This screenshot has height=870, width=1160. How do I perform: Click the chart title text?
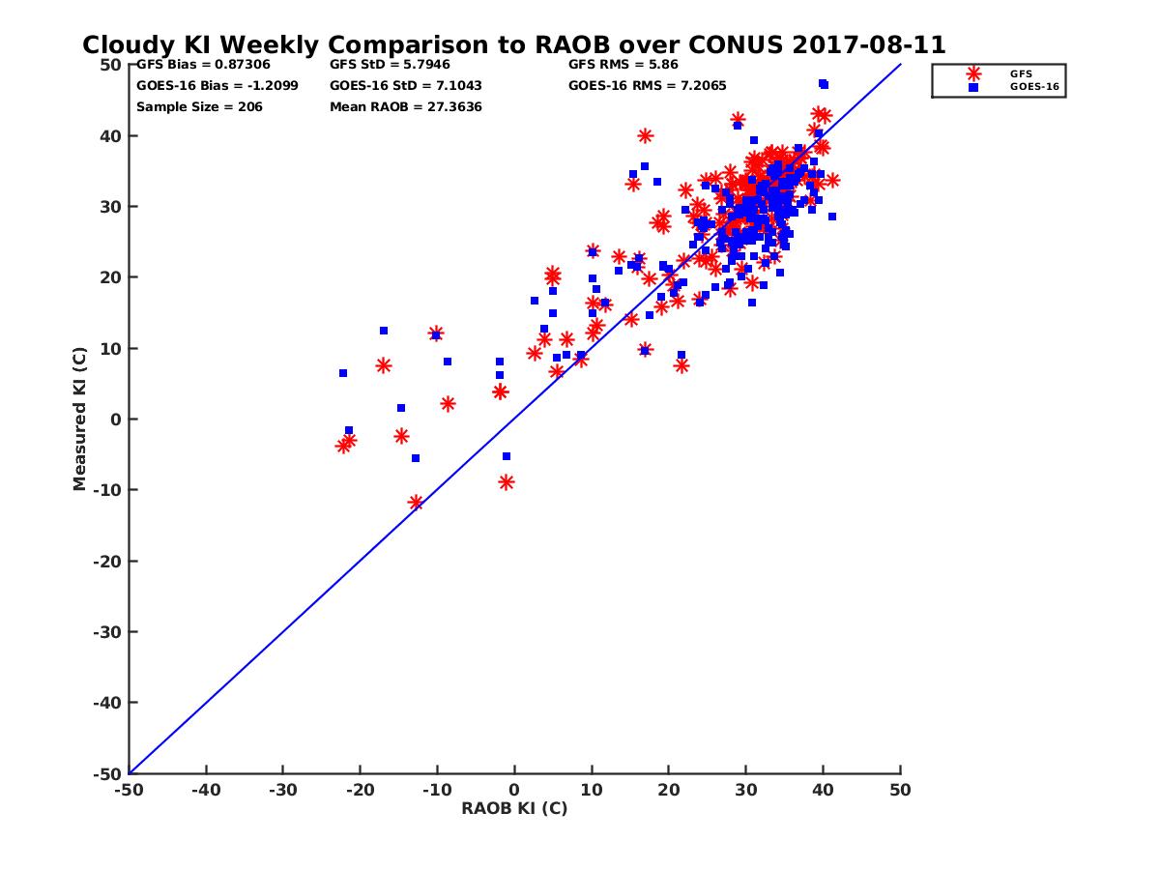[x=513, y=45]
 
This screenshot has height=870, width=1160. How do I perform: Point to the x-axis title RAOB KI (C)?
[x=514, y=809]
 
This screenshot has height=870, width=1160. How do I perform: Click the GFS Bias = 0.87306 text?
[x=203, y=65]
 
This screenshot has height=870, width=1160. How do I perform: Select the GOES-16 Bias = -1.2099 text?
[x=217, y=85]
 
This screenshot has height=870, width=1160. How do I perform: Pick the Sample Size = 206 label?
[x=199, y=106]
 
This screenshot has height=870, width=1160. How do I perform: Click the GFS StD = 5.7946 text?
[x=390, y=65]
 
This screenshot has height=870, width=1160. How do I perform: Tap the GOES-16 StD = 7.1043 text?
[x=406, y=85]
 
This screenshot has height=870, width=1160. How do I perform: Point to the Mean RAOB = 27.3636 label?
[x=406, y=106]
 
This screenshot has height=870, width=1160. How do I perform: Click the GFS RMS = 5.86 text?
[x=623, y=65]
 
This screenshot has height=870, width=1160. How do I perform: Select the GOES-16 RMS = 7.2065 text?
[x=640, y=85]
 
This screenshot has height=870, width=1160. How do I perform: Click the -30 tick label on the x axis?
[x=282, y=790]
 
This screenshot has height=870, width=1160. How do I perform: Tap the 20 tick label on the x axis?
[x=669, y=790]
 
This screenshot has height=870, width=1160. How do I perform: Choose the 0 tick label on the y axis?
[x=116, y=420]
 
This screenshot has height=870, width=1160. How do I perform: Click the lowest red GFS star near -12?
[x=416, y=503]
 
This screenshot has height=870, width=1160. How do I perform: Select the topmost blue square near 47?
[x=823, y=84]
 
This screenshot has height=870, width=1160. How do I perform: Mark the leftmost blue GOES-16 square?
[x=343, y=373]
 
